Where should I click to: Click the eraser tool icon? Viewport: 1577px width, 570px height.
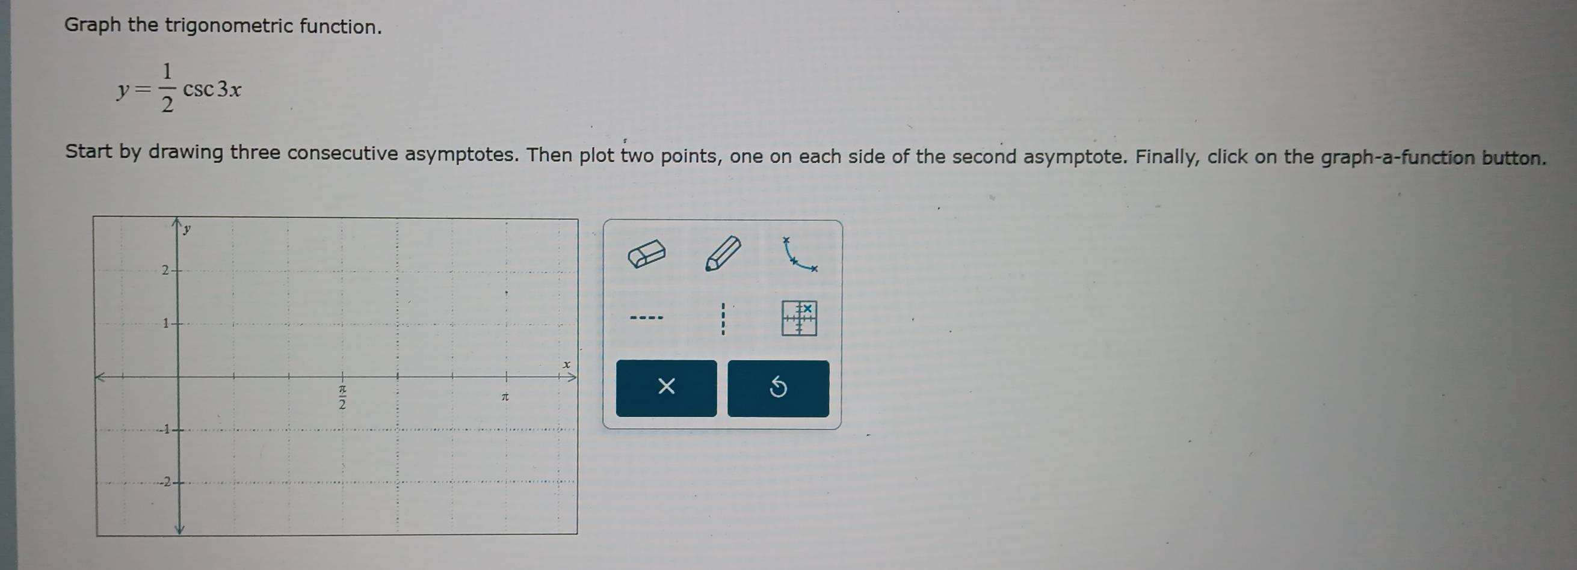click(646, 254)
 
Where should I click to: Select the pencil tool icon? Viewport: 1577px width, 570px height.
click(723, 253)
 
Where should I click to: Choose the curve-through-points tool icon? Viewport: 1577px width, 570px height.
click(799, 255)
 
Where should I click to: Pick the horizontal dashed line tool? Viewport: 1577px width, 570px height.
click(646, 317)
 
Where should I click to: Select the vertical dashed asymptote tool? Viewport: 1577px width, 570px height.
click(723, 319)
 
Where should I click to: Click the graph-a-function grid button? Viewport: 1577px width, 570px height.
click(799, 318)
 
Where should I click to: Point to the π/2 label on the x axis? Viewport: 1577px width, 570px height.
click(343, 396)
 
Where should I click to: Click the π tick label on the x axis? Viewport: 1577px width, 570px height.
click(505, 397)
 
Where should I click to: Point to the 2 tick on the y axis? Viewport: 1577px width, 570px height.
click(165, 270)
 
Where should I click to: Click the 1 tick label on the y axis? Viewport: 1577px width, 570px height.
click(165, 323)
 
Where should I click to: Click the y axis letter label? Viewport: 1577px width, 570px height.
click(187, 229)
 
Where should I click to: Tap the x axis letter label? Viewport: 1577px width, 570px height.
click(567, 364)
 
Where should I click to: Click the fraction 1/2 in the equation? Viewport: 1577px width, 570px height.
click(167, 88)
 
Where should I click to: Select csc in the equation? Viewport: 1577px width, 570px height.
click(199, 90)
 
